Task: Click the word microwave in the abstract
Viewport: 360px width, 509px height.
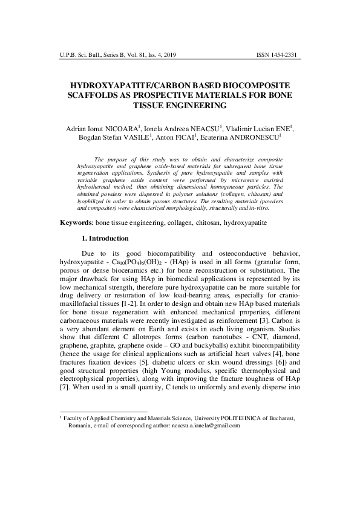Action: [233, 180]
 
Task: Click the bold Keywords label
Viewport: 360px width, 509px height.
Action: [76, 223]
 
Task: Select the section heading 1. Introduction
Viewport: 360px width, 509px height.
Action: [105, 239]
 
